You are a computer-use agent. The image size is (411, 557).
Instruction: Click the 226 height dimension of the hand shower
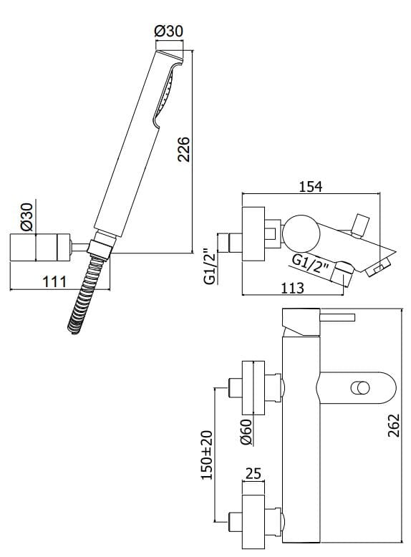click(x=184, y=148)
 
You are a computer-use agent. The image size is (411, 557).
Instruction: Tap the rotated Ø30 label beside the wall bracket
click(x=26, y=215)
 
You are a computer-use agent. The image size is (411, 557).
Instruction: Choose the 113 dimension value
click(x=291, y=288)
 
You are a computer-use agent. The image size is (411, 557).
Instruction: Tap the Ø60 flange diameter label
click(x=246, y=432)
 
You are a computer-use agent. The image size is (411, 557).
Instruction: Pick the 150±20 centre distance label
click(x=208, y=455)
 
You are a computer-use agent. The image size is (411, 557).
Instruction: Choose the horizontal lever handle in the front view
click(x=336, y=317)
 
